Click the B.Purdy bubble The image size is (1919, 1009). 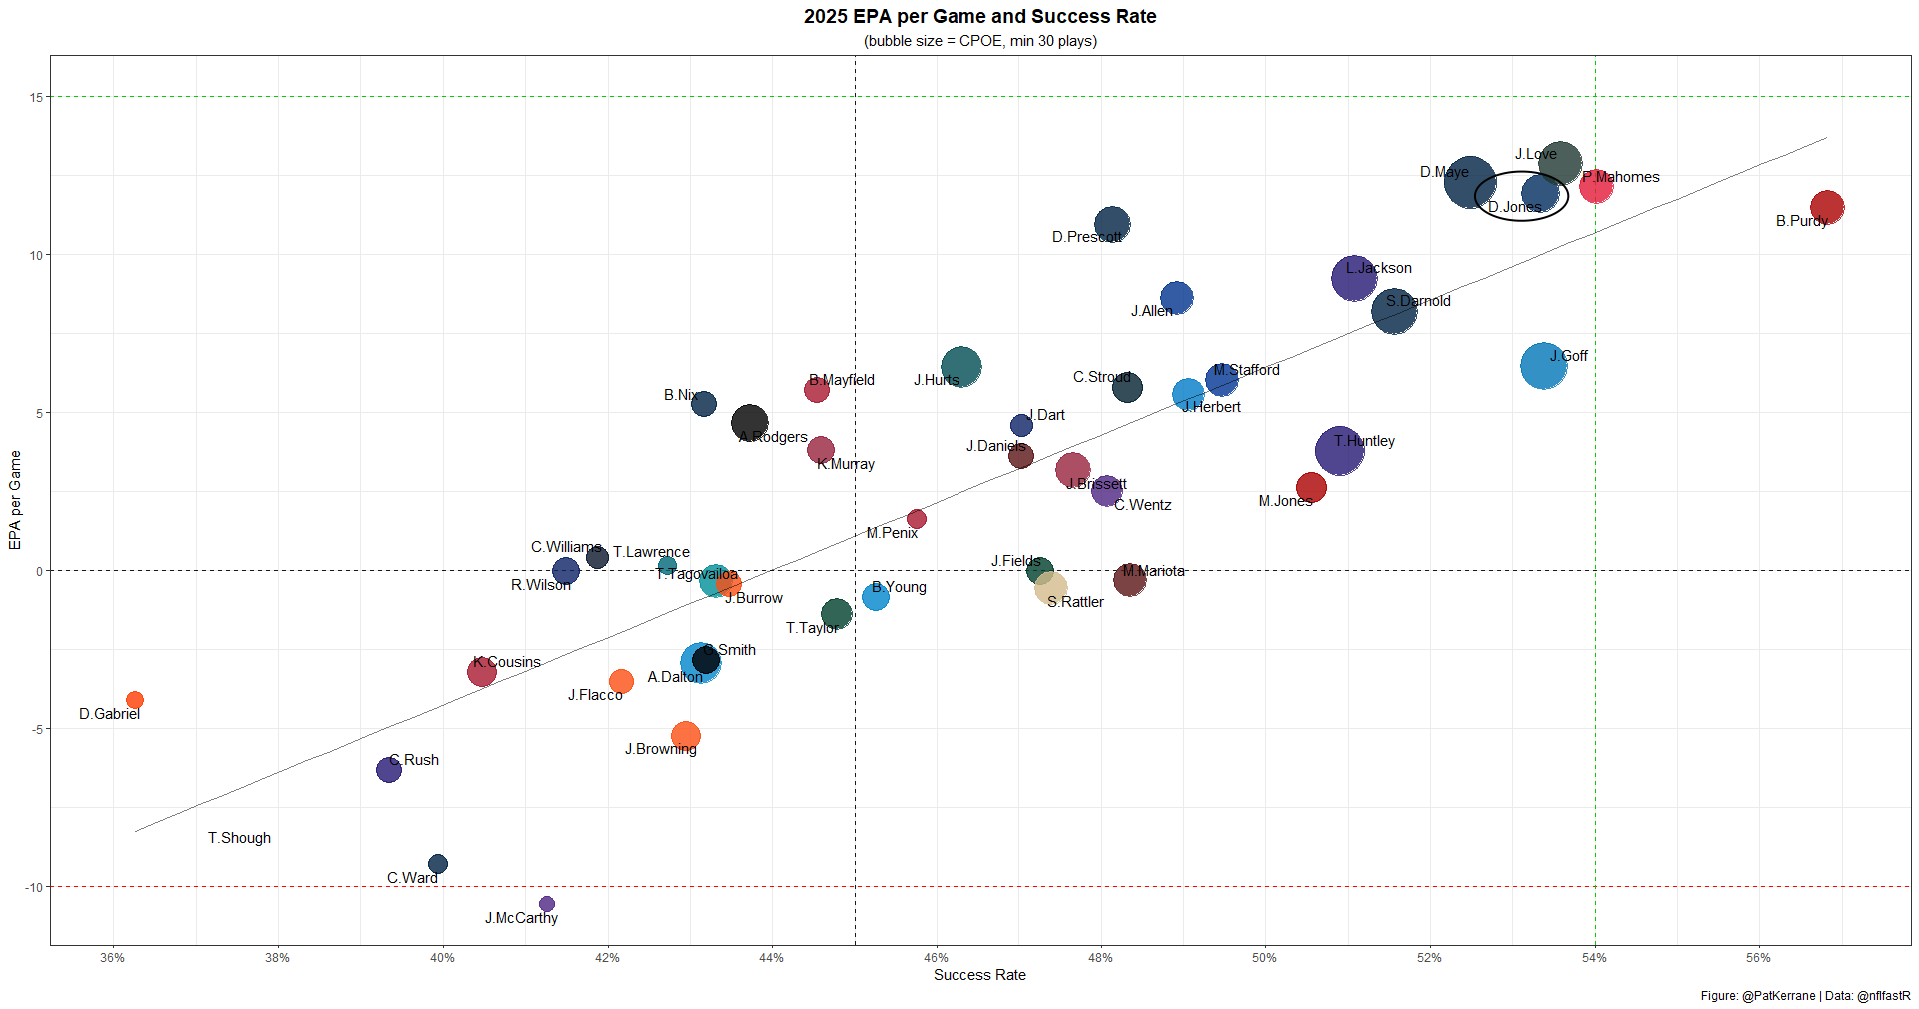coord(1826,207)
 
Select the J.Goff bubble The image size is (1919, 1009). coord(1543,366)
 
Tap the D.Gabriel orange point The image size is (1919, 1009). coord(135,700)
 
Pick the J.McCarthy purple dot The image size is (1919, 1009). coord(546,904)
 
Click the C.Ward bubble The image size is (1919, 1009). coord(438,864)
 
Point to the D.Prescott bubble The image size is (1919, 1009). coord(1112,225)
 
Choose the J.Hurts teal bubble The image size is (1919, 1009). coord(960,366)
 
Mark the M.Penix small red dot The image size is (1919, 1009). coord(916,519)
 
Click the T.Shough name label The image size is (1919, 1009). coord(239,838)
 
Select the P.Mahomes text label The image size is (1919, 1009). coord(1621,177)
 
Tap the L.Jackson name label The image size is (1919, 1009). coord(1378,268)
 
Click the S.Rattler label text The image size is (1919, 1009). coord(1075,602)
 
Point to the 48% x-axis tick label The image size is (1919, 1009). coord(1100,958)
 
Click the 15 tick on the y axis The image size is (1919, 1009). coord(36,98)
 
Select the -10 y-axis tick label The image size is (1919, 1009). coord(34,888)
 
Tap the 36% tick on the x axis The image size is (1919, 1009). coord(113,958)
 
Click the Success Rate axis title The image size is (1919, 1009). coord(979,975)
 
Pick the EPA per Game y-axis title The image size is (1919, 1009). coord(15,500)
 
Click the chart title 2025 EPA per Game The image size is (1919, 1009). coord(979,17)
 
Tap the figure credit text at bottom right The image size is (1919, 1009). coord(1805,996)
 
